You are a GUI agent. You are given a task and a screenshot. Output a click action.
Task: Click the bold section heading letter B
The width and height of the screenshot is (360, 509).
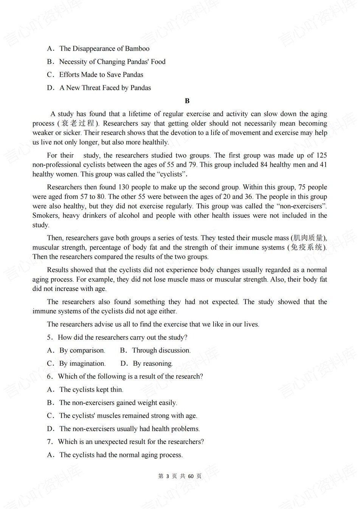(x=187, y=101)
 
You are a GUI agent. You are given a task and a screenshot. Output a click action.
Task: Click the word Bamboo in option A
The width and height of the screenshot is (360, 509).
(x=137, y=49)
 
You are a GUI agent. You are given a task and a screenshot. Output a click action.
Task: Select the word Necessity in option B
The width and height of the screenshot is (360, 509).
(x=73, y=62)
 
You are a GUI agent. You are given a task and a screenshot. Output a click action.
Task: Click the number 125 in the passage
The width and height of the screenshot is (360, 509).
(x=321, y=155)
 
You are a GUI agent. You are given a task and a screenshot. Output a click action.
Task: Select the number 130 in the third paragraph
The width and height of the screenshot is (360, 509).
(x=124, y=187)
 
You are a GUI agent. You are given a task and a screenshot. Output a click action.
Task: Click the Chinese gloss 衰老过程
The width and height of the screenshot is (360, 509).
(x=78, y=123)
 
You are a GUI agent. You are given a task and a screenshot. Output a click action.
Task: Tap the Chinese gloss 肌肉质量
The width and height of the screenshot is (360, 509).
(x=309, y=238)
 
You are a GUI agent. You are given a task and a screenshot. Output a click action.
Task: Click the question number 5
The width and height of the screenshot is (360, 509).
(x=49, y=337)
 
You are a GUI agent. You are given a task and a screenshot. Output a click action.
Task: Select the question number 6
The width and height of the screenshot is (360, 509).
(x=49, y=376)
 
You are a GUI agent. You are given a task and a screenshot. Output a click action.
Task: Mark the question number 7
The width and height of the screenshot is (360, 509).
(x=49, y=442)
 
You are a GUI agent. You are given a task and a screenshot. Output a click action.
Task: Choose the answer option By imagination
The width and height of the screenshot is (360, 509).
(x=82, y=364)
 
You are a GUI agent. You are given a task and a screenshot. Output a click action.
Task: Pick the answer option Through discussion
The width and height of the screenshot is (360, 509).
(x=161, y=351)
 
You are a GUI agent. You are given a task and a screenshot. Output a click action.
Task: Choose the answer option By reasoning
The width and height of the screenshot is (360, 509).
(x=152, y=364)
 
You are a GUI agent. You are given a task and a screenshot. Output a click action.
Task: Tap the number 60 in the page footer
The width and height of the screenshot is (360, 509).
(x=191, y=476)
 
